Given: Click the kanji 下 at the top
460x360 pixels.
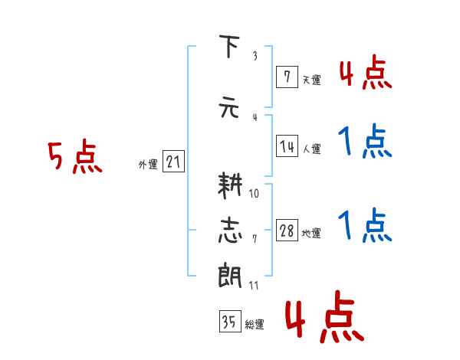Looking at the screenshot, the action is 229,46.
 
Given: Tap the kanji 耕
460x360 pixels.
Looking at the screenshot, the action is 230,185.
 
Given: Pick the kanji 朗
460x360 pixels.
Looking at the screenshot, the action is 230,275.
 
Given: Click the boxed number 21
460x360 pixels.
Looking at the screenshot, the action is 173,162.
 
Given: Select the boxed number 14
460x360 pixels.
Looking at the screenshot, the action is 287,146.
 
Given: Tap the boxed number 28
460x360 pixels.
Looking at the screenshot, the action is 287,230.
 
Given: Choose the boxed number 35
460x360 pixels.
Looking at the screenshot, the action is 230,321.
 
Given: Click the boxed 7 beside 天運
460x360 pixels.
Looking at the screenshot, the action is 287,77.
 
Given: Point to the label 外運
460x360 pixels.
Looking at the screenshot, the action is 148,165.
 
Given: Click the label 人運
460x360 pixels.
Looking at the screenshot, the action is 311,149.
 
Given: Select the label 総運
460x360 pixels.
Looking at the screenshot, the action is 255,324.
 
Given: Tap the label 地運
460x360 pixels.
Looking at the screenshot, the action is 311,234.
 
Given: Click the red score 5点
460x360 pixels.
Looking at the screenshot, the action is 75,156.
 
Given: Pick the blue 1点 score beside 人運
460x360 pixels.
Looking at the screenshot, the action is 365,141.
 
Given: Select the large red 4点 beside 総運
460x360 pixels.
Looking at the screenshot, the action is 325,316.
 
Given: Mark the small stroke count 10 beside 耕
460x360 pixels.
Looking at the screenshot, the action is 254,194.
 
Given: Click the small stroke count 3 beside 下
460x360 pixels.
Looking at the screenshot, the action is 255,56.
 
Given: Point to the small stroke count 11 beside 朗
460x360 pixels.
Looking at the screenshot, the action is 254,285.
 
